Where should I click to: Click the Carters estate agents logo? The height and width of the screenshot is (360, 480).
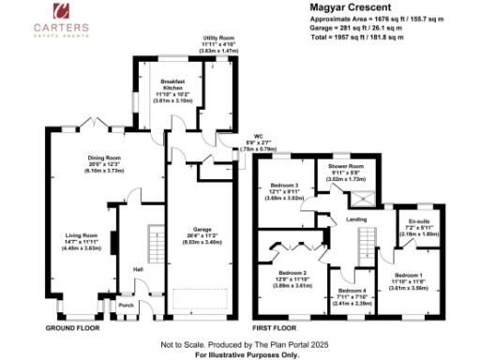[x=64, y=21]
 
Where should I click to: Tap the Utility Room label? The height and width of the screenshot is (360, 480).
[x=218, y=38]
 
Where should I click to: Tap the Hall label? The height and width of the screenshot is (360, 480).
[x=138, y=270]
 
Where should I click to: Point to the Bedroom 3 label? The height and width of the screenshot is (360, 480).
[x=284, y=186]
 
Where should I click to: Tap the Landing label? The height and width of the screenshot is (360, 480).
[x=356, y=218]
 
